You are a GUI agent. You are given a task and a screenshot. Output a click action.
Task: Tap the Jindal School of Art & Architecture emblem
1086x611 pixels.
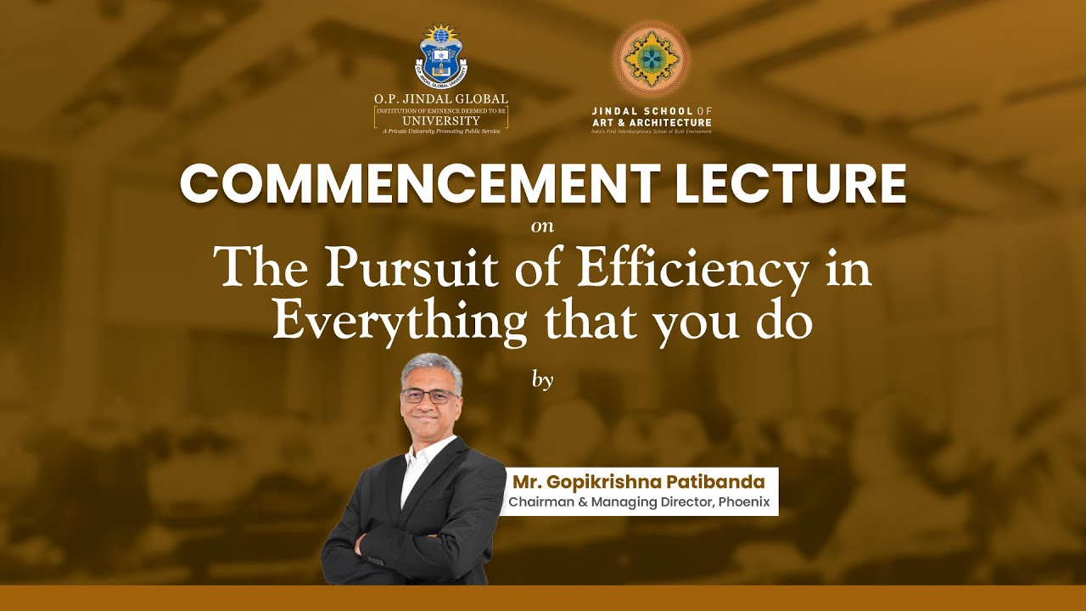pyautogui.click(x=651, y=59)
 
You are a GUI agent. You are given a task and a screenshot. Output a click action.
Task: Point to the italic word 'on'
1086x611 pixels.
pyautogui.click(x=542, y=227)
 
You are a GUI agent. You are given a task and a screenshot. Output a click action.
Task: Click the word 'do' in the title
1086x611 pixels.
pyautogui.click(x=787, y=322)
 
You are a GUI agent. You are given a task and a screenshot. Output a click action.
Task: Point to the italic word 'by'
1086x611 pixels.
pyautogui.click(x=542, y=379)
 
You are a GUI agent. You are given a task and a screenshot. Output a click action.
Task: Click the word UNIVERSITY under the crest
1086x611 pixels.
pyautogui.click(x=440, y=121)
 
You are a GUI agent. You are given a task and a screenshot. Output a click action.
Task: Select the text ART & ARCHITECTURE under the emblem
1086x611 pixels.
pyautogui.click(x=652, y=122)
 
